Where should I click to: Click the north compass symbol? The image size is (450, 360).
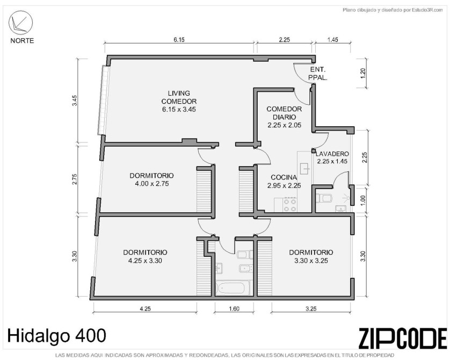click(x=20, y=23)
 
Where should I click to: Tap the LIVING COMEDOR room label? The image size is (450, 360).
click(x=179, y=97)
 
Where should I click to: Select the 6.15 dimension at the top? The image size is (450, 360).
click(x=179, y=40)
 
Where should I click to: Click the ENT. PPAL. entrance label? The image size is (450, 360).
click(x=318, y=74)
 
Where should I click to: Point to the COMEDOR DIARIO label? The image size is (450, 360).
click(x=284, y=113)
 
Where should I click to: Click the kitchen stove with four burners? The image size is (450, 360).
click(x=290, y=205)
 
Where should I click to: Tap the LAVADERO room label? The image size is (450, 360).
click(x=332, y=154)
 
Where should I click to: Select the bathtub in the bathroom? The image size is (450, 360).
click(x=233, y=288)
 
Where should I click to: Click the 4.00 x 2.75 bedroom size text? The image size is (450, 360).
click(x=152, y=184)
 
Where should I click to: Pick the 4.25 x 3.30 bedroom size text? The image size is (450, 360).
click(x=145, y=261)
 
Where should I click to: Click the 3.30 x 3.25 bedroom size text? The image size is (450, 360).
click(x=311, y=261)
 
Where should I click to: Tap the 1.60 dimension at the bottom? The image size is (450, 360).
click(x=234, y=309)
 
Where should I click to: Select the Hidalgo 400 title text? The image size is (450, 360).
click(x=56, y=336)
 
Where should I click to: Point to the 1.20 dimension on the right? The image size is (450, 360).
click(x=363, y=74)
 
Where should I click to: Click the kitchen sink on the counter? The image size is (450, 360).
click(x=305, y=169)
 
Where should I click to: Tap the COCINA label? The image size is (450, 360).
click(x=284, y=177)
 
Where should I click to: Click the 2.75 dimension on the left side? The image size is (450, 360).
click(x=75, y=179)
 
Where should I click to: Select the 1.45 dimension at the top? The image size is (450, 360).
click(x=332, y=40)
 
